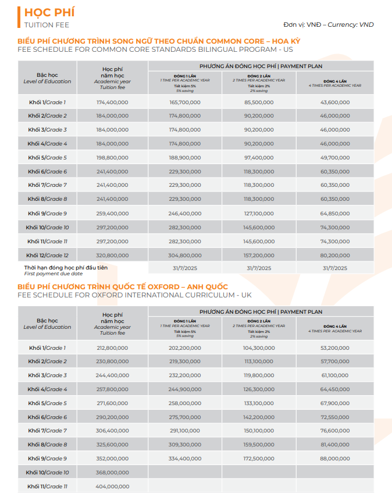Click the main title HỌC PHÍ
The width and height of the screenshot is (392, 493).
[46, 12]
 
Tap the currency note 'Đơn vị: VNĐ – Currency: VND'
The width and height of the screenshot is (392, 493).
[329, 24]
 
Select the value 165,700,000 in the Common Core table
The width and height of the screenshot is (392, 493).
[185, 102]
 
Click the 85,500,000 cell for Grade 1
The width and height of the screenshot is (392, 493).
[259, 102]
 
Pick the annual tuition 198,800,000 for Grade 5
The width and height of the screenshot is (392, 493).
[112, 158]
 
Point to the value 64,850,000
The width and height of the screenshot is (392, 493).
[335, 213]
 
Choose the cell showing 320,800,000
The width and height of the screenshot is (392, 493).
[112, 255]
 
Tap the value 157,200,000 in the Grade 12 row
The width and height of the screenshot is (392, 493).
[259, 255]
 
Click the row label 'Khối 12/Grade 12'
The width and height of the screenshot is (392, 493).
[47, 255]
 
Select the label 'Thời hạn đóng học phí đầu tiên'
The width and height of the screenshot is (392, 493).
[66, 268]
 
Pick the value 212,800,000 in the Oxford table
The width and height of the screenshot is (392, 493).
[112, 348]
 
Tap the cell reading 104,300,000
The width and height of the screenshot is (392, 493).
[259, 348]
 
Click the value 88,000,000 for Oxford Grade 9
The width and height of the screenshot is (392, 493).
[335, 459]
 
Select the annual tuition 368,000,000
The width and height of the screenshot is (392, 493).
[112, 473]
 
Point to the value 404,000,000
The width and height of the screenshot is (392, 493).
[112, 487]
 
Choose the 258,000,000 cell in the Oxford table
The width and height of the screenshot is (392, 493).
[185, 403]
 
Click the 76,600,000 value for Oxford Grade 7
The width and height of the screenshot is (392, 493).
[335, 431]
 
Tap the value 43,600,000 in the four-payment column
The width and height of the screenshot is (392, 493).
[335, 102]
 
